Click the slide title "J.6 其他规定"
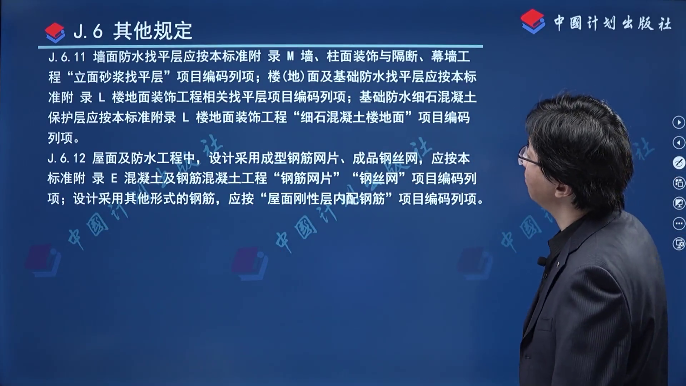tap(133, 31)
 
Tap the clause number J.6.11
tap(67, 57)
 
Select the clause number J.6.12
tap(67, 158)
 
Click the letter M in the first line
tap(290, 56)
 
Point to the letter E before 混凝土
tap(114, 178)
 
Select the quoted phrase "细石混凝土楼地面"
tap(352, 117)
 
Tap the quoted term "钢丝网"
tap(379, 178)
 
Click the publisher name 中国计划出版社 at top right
tap(612, 24)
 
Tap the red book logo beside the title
tap(55, 32)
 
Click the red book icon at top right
tap(533, 21)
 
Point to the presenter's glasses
tap(528, 156)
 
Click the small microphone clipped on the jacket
tap(542, 261)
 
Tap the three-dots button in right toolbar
tap(678, 224)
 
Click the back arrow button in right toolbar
tap(678, 143)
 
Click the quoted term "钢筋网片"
tap(307, 178)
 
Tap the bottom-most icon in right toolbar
tap(678, 244)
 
